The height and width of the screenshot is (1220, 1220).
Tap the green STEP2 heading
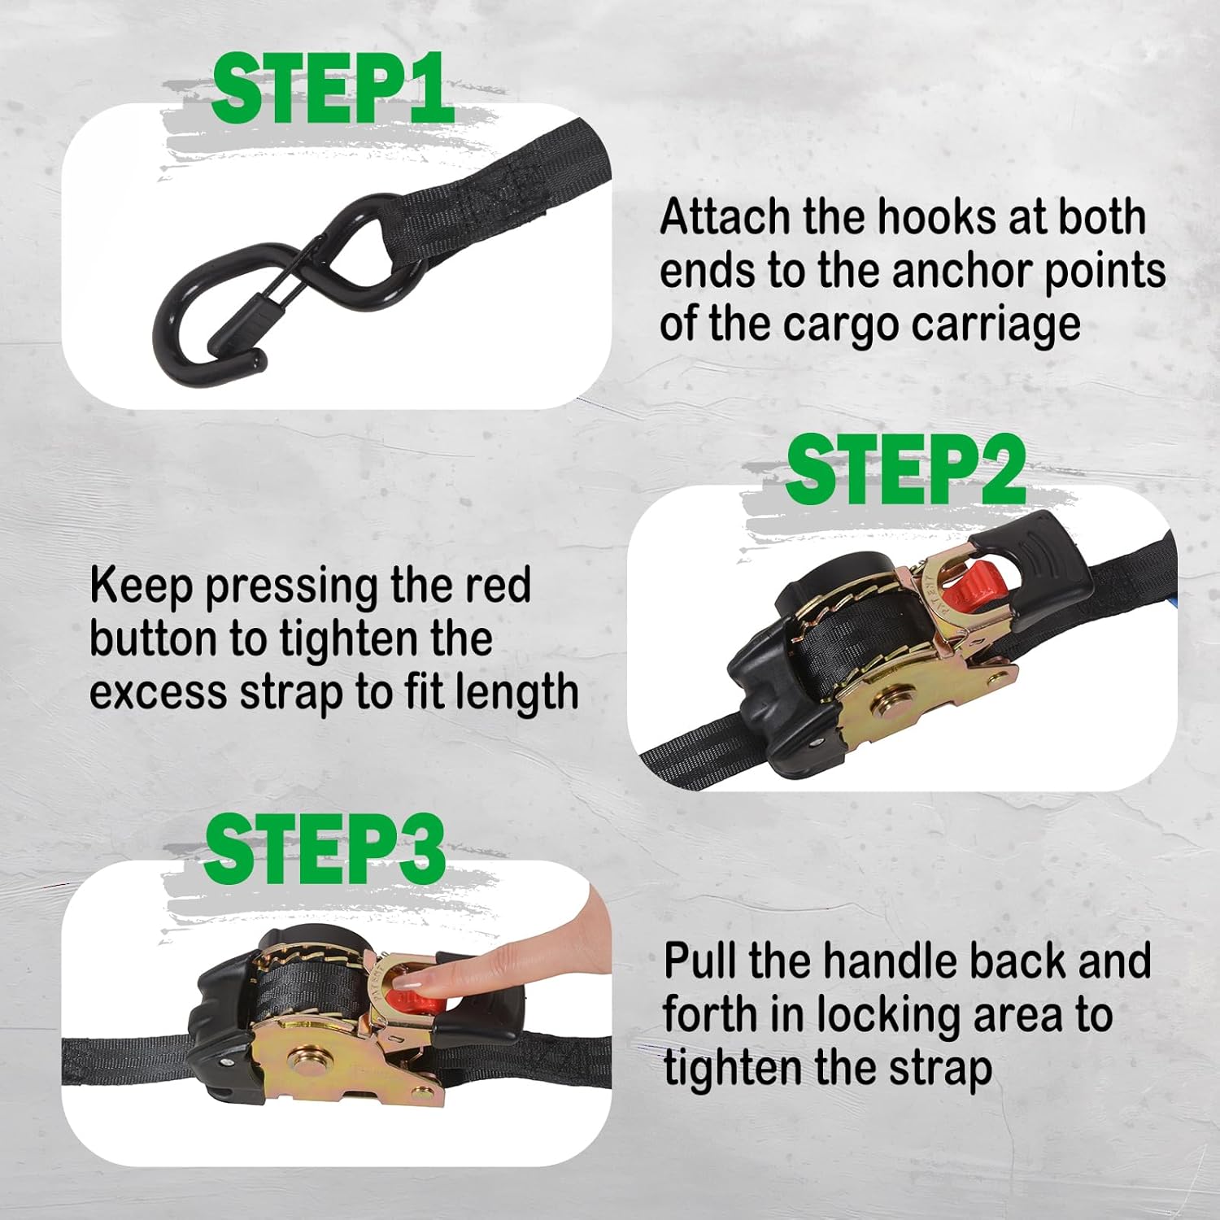(x=905, y=469)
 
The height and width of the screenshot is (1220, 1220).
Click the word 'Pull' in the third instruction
(x=700, y=961)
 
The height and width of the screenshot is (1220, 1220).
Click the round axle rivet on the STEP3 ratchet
(x=312, y=1068)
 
